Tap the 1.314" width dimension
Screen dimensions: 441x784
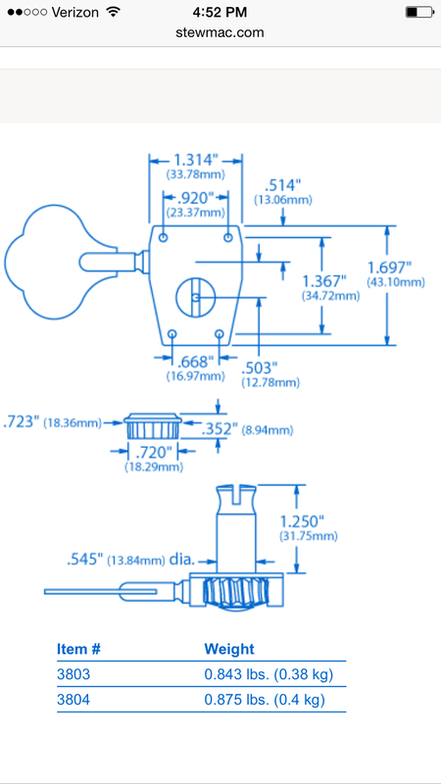[195, 160]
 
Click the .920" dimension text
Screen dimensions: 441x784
[195, 198]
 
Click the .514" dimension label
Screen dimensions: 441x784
[282, 185]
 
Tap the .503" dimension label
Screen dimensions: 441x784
[259, 368]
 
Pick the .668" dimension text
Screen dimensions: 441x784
[195, 362]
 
